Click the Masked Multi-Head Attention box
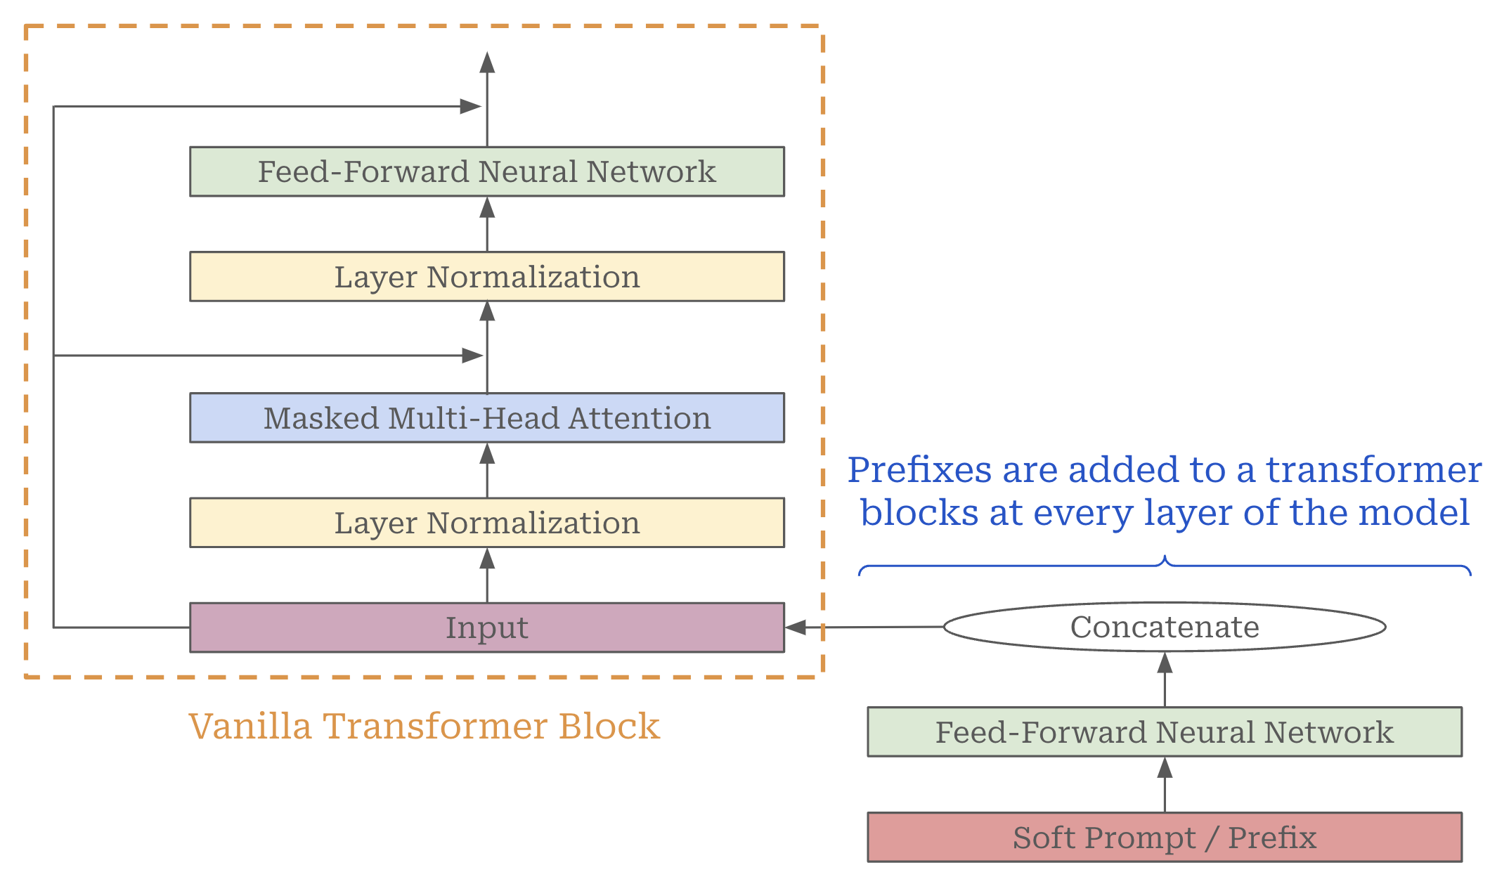coord(486,417)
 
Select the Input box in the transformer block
coord(486,627)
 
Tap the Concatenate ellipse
coord(1164,627)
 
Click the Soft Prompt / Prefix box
coord(1164,837)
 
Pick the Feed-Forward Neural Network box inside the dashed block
coord(486,171)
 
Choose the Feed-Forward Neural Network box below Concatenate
coord(1164,731)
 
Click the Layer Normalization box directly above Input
coord(486,523)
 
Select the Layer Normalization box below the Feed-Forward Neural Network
coord(486,277)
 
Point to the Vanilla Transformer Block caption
coord(424,726)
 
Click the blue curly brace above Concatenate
coord(1165,565)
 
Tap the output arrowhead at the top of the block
coord(487,63)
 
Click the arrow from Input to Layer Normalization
coord(487,575)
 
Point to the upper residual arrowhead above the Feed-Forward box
coord(470,107)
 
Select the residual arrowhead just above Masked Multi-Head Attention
coord(472,356)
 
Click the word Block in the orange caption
coord(609,726)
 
